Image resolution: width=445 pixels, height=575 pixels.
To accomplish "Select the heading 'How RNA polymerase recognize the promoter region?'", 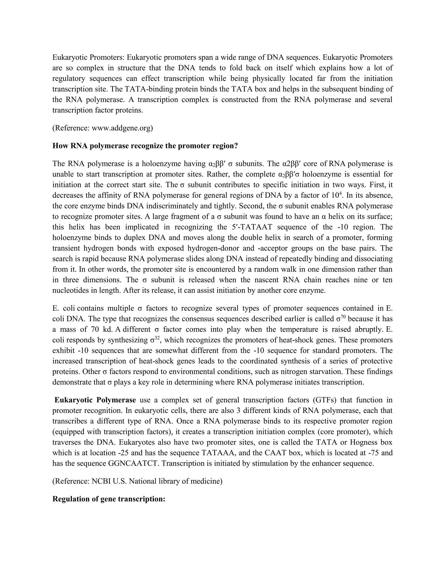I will pyautogui.click(x=145, y=146).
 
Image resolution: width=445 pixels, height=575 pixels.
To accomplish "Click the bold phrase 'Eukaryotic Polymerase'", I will pyautogui.click(x=95, y=400).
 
